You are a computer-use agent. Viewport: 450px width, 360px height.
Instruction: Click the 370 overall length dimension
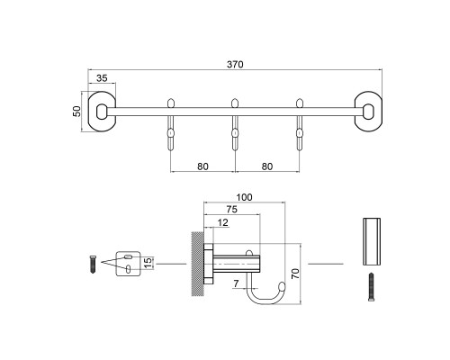(x=237, y=64)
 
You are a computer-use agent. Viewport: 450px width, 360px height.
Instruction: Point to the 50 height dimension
(x=77, y=111)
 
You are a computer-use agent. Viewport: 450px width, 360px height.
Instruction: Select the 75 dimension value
(x=234, y=209)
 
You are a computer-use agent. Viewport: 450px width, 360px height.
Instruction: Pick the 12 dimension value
(x=223, y=222)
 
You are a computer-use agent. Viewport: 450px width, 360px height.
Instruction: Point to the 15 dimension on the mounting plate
(x=149, y=262)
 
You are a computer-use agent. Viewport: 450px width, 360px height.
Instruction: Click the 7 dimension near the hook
(x=236, y=283)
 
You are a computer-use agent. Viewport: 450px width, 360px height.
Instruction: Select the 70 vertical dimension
(x=298, y=272)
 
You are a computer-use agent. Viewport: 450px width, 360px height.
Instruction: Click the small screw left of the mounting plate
(x=92, y=265)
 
